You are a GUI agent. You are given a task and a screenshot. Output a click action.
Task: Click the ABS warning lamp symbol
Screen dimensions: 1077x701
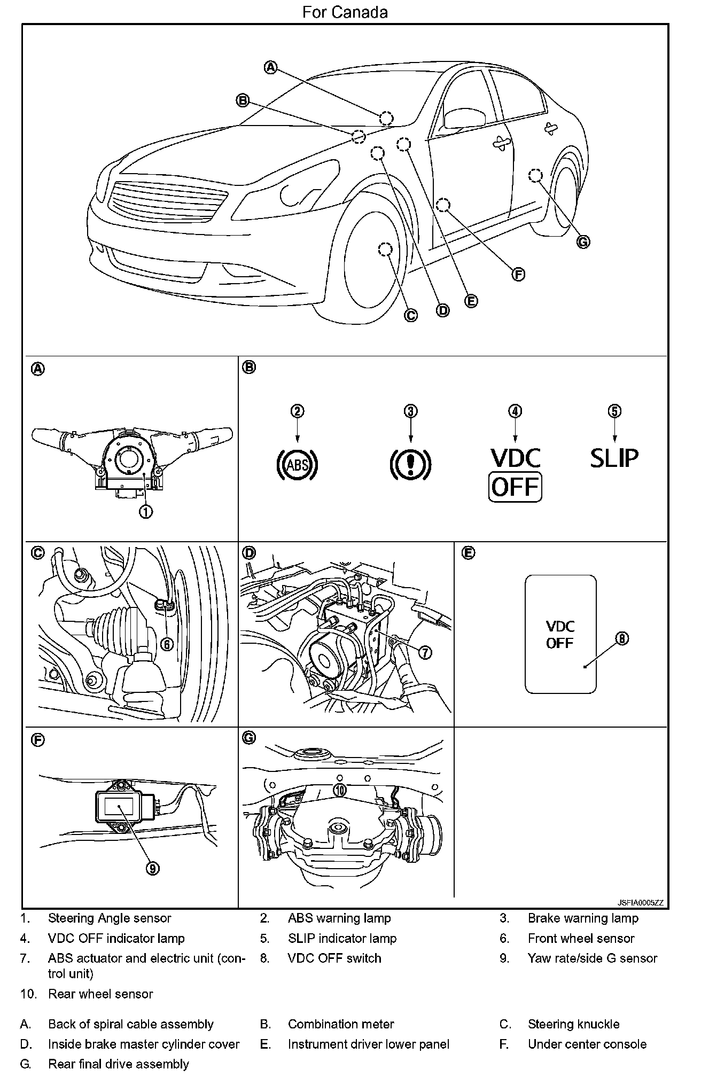click(297, 464)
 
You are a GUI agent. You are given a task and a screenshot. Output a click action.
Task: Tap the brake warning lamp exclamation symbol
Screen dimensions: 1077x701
click(410, 464)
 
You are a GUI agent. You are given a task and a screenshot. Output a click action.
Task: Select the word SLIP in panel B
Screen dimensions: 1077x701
click(614, 458)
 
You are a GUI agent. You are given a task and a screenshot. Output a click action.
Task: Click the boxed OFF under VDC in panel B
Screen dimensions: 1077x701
click(515, 487)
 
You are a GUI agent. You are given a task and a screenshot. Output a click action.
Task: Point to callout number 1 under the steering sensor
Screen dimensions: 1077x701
click(145, 511)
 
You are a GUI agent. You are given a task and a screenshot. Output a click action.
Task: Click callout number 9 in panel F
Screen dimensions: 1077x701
click(152, 869)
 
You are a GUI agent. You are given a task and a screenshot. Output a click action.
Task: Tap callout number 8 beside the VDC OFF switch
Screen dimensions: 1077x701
click(622, 638)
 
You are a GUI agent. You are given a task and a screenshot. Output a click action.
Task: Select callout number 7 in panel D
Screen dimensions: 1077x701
click(425, 652)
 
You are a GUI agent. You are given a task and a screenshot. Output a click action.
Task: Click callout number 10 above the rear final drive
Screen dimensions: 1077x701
click(340, 790)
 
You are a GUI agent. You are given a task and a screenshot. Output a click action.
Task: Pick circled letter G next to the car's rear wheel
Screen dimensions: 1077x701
click(583, 242)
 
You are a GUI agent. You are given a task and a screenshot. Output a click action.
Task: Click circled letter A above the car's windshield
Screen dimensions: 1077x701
click(271, 67)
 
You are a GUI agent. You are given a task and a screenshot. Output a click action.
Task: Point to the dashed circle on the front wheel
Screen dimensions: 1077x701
click(385, 249)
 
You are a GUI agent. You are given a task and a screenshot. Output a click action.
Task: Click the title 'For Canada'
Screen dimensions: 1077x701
click(345, 12)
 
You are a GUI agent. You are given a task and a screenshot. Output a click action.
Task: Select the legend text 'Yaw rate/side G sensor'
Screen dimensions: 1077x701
click(592, 958)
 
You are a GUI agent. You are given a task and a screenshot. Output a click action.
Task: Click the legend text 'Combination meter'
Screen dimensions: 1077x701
click(341, 1024)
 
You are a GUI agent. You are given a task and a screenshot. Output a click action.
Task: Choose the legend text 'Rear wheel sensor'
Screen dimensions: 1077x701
click(100, 994)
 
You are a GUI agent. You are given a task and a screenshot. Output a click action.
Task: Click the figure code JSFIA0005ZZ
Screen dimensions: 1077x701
click(640, 902)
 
